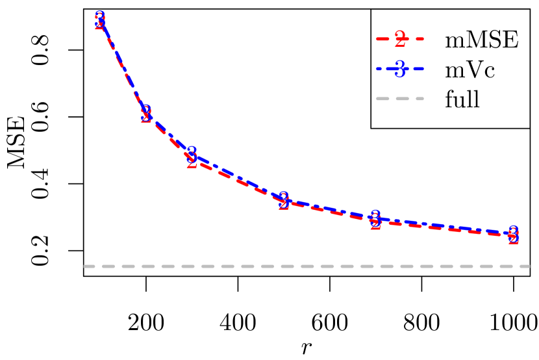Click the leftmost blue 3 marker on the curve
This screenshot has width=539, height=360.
100,18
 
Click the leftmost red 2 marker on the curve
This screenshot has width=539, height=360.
100,23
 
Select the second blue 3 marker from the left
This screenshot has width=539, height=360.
146,112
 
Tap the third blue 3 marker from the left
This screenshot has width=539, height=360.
192,154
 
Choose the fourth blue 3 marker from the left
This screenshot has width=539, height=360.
283,198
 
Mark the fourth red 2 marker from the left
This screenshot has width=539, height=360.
284,204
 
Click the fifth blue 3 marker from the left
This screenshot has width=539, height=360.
375,217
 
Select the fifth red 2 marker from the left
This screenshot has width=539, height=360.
375,224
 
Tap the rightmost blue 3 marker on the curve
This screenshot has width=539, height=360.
513,232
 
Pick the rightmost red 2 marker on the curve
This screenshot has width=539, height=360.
513,238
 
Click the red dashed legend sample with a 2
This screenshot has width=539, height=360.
400,40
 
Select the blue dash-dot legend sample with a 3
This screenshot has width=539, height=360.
400,69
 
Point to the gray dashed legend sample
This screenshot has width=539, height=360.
400,99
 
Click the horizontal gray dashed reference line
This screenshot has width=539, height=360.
305,266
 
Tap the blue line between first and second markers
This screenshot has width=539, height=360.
123,65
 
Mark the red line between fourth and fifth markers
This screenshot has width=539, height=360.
329,212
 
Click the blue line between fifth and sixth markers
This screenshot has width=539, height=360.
444,225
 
